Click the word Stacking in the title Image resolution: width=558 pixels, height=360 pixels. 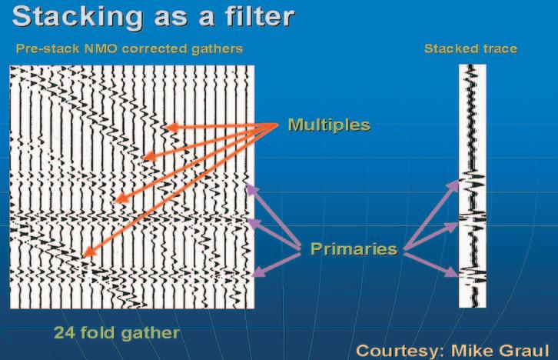point(65,16)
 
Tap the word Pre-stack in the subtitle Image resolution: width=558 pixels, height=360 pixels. point(43,48)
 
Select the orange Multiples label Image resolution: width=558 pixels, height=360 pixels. point(328,124)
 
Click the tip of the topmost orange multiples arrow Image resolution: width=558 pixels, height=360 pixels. point(161,127)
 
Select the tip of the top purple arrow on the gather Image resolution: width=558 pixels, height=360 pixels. point(246,186)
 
